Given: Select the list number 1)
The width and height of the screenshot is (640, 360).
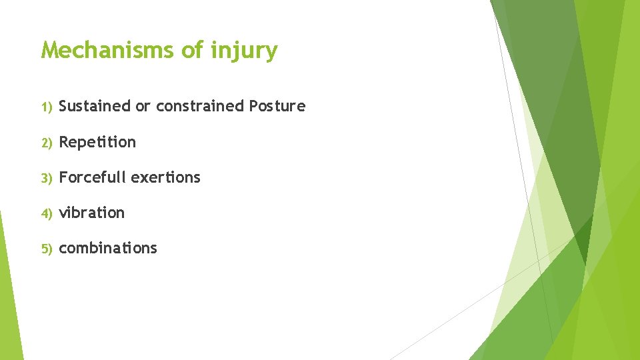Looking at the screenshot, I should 46,107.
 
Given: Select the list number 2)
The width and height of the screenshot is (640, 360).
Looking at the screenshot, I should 46,143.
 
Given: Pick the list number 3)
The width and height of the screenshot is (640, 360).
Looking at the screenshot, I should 46,178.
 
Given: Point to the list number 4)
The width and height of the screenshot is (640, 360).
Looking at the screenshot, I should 46,213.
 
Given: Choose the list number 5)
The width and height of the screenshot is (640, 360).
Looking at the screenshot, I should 46,249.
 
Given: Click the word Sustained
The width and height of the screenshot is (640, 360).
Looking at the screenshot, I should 95,106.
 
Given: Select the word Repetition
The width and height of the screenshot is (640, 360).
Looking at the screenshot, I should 97,142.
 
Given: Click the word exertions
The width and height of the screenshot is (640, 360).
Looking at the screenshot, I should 165,177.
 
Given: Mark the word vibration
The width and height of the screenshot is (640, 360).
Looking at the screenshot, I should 92,213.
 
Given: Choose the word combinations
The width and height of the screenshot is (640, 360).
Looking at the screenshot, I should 108,248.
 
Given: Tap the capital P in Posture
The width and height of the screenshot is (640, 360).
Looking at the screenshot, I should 253,106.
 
